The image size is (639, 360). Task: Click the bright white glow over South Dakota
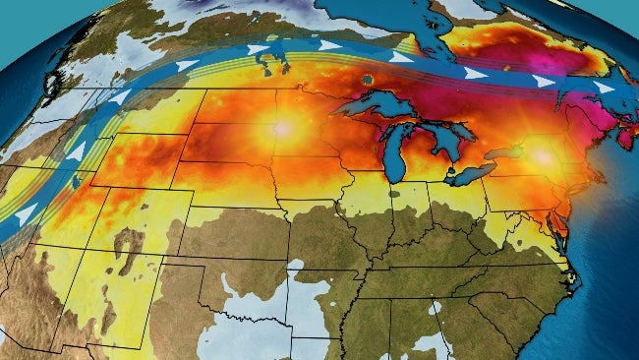283,128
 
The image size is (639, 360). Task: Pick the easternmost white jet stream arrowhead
604,88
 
